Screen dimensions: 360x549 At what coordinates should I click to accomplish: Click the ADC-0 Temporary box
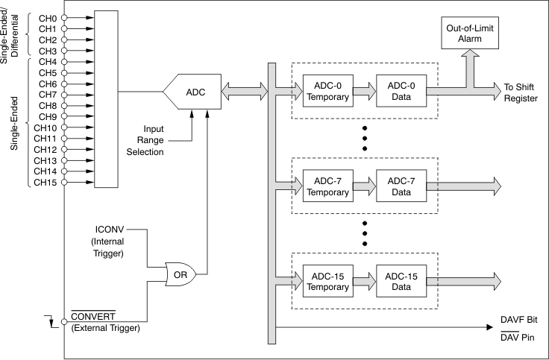click(x=327, y=92)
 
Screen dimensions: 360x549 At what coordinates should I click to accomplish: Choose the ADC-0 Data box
click(x=400, y=92)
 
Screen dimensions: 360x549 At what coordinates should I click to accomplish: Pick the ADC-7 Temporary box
click(x=327, y=186)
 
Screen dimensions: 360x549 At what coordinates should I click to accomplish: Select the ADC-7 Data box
click(x=400, y=186)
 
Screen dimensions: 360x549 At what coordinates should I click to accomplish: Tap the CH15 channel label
click(x=45, y=182)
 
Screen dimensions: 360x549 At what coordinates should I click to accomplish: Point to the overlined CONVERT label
click(x=93, y=316)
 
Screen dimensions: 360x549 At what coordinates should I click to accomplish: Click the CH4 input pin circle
click(x=63, y=61)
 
